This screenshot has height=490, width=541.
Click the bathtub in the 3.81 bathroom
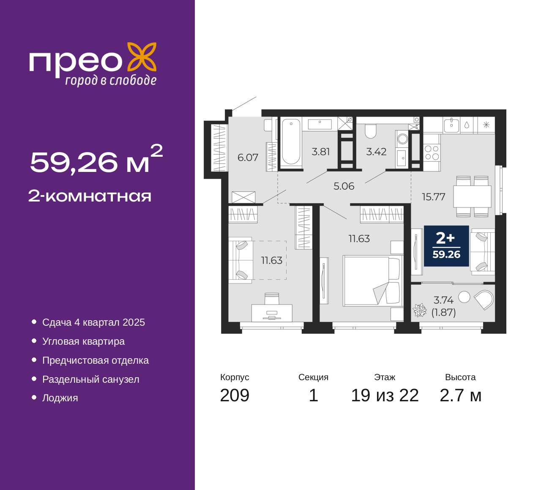(x=291, y=142)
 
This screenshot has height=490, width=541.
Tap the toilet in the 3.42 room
(x=371, y=131)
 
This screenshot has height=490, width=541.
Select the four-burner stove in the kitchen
(x=432, y=153)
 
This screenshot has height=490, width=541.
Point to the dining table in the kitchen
(x=472, y=196)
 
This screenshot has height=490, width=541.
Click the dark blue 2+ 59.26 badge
(x=446, y=246)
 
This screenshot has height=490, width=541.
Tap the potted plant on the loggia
(x=420, y=310)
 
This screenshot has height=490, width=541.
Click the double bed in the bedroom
(x=373, y=281)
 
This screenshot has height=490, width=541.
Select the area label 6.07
(x=248, y=158)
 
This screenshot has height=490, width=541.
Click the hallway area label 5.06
(x=344, y=186)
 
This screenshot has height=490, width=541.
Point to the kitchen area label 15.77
(x=433, y=197)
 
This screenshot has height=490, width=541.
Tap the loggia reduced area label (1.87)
(x=444, y=313)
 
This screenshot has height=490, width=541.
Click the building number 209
(x=235, y=395)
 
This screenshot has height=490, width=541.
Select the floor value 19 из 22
(x=385, y=395)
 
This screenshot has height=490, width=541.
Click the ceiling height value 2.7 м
(x=460, y=395)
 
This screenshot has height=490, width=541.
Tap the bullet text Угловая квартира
(x=83, y=341)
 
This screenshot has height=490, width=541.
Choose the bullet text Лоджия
(x=60, y=398)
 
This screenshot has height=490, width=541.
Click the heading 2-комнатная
(x=90, y=196)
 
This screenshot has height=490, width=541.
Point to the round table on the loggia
(x=464, y=297)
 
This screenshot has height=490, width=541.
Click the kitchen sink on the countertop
(x=451, y=126)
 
